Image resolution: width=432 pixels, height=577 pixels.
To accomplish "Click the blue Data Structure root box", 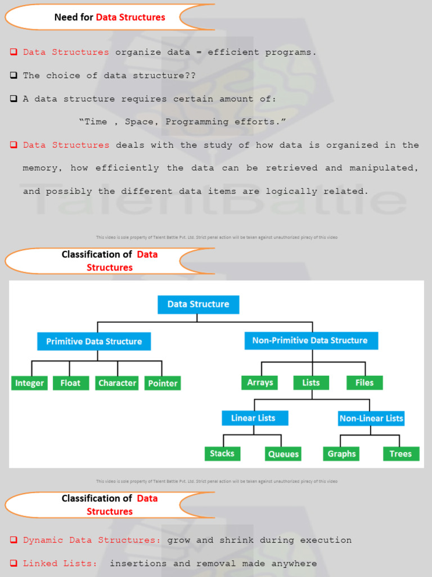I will coord(198,304).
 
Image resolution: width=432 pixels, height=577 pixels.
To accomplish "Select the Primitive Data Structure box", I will coord(94,341).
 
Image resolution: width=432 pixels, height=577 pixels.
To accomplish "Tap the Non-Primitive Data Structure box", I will coord(310,340).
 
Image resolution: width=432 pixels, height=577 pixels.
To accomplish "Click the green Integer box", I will coord(29,383).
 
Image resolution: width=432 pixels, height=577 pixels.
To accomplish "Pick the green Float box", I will coord(70,383).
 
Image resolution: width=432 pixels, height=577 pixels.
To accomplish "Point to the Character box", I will coord(117,383).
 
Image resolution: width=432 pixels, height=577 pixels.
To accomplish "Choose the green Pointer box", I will coord(163,383).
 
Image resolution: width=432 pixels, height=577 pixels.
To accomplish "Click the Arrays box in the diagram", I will coord(260,383).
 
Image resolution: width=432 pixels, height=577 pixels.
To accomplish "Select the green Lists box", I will coord(311,383).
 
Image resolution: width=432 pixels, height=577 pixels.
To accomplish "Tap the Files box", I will coord(364,383).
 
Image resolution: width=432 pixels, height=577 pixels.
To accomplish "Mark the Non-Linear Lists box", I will coord(371,419).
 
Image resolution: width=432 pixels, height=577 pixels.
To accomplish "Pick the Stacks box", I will coord(222,454).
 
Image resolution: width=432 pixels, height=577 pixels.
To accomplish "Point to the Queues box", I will coord(283,454).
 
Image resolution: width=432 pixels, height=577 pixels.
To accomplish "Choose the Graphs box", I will coord(341,454).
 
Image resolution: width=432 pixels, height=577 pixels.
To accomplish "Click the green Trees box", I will coord(400,454).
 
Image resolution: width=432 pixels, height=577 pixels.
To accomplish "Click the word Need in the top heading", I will coord(65,17).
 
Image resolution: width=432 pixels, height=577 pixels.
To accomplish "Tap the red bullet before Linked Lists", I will coord(13,563).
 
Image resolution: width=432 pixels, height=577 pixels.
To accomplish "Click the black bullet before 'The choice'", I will coord(13,76).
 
